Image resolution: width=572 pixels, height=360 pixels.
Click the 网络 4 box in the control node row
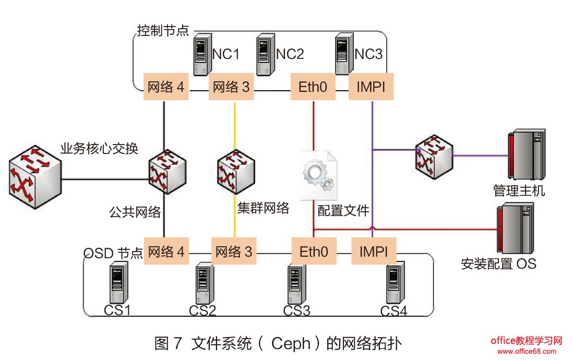tap(165, 87)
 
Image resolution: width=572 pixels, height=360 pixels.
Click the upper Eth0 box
tap(313, 87)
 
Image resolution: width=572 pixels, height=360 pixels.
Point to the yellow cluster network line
tap(234, 130)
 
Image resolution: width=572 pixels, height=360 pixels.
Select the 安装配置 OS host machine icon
tap(515, 228)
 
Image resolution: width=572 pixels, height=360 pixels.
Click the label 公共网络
tap(134, 212)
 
